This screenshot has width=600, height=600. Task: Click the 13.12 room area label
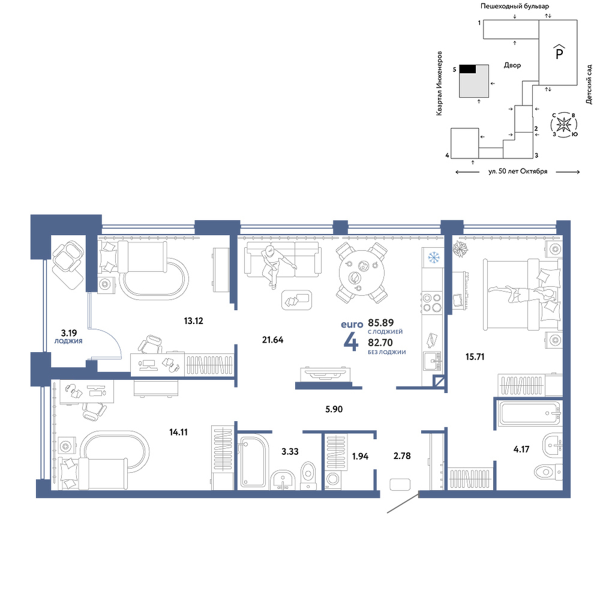(193, 321)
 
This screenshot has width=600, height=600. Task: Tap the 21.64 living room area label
(272, 340)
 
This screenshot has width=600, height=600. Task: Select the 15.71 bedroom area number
(475, 357)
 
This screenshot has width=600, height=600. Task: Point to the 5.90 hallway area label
(334, 409)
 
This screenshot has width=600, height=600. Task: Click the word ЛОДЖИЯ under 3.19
(68, 341)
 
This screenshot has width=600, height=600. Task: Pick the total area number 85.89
(381, 323)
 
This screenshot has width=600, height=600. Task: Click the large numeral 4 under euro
(351, 342)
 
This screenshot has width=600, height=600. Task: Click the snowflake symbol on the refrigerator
(434, 257)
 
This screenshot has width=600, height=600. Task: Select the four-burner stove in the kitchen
(431, 302)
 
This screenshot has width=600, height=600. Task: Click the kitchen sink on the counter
(433, 361)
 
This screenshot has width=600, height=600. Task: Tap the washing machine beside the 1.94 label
(332, 481)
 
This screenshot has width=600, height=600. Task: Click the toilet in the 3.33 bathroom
(308, 476)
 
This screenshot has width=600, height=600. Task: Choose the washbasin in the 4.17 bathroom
(552, 446)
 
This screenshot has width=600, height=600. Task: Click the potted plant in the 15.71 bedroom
(460, 249)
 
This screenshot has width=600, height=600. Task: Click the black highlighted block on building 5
(467, 69)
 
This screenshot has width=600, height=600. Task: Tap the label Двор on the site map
(512, 65)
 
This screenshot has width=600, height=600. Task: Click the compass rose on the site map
(563, 124)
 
